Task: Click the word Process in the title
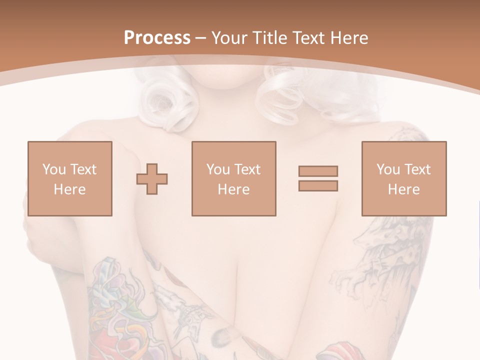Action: [x=157, y=38]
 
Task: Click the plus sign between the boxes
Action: [x=152, y=178]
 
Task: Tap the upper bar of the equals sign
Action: [x=318, y=171]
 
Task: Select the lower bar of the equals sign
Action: [x=318, y=186]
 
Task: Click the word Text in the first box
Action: [x=83, y=169]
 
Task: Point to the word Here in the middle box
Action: [x=233, y=189]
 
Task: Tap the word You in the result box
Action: [x=388, y=169]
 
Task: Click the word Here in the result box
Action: [x=403, y=189]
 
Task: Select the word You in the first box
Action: [x=54, y=169]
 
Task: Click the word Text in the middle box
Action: [x=247, y=169]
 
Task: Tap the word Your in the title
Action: [x=230, y=38]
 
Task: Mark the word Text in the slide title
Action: [x=307, y=38]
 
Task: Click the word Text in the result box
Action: [x=417, y=169]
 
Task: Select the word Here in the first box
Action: [x=69, y=189]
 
